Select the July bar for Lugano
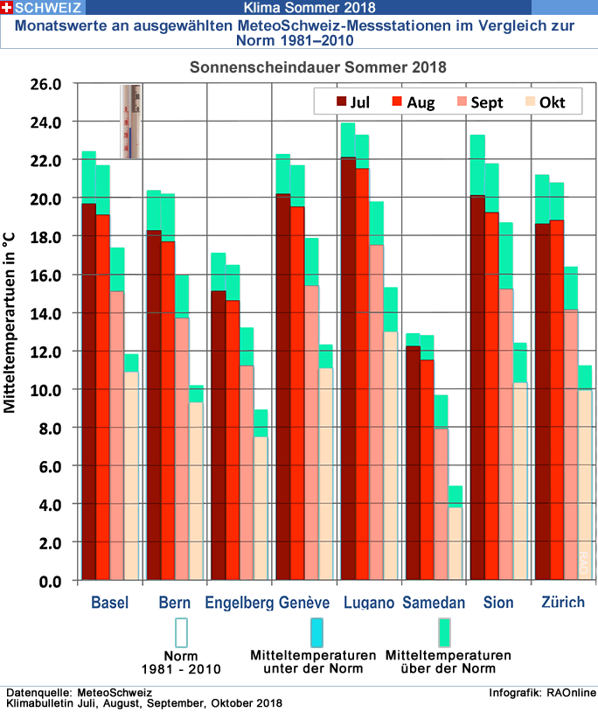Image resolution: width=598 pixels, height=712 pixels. click(x=348, y=368)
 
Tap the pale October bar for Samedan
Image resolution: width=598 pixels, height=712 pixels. click(x=455, y=543)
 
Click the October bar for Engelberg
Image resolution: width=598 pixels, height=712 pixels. click(x=261, y=508)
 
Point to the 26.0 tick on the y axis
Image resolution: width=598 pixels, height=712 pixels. click(x=43, y=84)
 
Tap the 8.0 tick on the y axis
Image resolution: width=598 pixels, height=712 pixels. click(x=46, y=428)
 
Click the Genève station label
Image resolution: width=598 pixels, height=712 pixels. click(x=304, y=603)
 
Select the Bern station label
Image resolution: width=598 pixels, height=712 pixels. click(x=175, y=603)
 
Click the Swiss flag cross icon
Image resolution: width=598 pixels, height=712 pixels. click(x=6, y=7)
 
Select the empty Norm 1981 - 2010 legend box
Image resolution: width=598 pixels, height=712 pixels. click(x=182, y=632)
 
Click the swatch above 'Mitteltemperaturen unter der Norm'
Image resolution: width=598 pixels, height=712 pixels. click(x=316, y=632)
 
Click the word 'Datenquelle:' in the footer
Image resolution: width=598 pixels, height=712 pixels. click(x=34, y=693)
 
